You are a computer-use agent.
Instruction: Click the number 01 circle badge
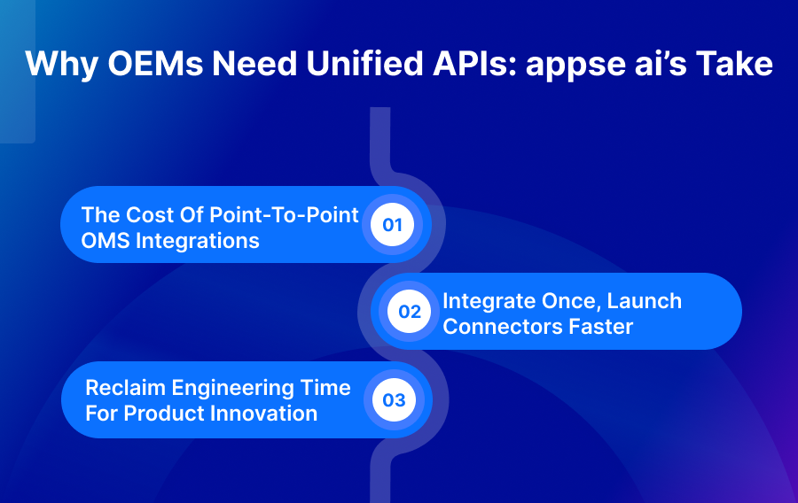pyautogui.click(x=392, y=225)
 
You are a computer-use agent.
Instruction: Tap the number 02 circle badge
pyautogui.click(x=410, y=312)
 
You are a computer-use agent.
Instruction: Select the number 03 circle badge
pyautogui.click(x=393, y=400)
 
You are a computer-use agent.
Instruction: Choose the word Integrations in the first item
pyautogui.click(x=198, y=240)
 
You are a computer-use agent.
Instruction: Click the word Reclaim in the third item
pyautogui.click(x=122, y=388)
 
